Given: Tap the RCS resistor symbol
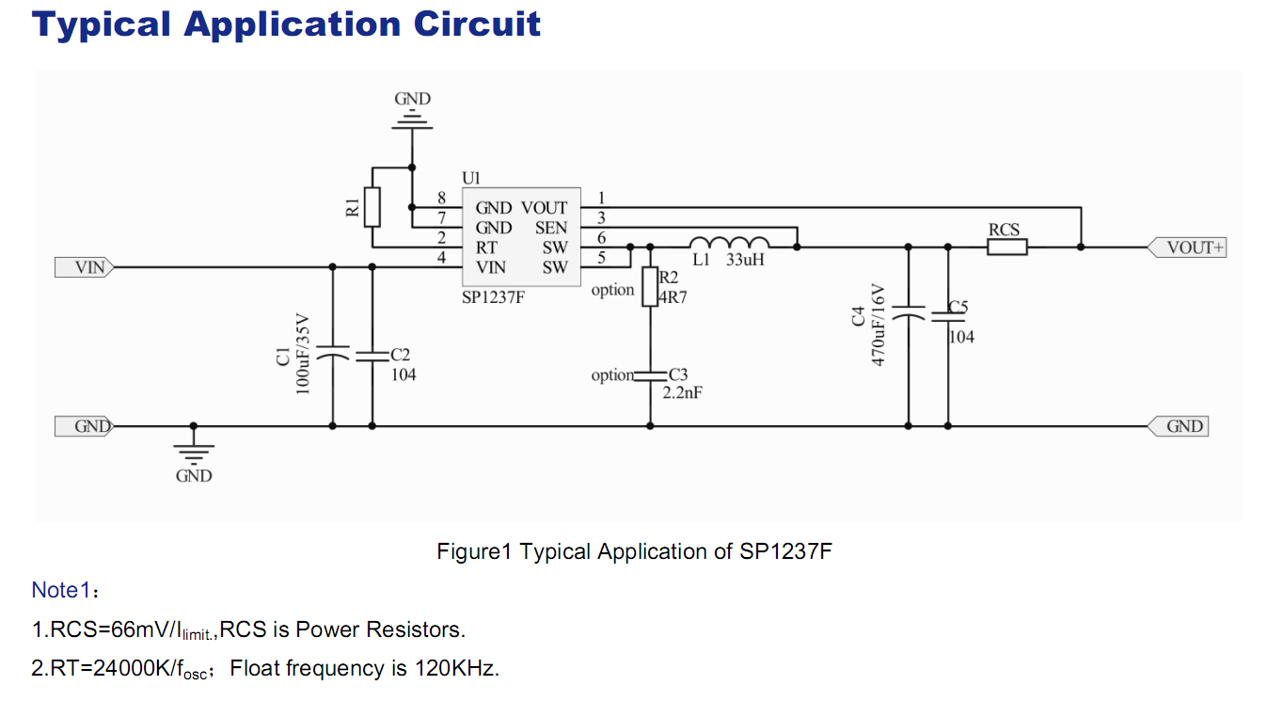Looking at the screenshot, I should (x=1006, y=247).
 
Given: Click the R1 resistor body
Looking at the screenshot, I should (x=372, y=207).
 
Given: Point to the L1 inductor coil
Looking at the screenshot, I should (x=730, y=243).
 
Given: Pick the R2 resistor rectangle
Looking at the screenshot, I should (x=649, y=287).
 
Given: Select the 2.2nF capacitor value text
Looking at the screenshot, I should (x=682, y=393).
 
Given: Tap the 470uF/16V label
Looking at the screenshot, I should (x=879, y=325).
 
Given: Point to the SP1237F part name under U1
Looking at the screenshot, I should (x=493, y=298).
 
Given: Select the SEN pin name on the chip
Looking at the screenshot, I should (x=551, y=228).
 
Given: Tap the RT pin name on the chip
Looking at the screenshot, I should (x=486, y=247).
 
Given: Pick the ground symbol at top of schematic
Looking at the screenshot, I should (x=412, y=119).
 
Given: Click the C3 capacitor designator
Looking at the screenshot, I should (x=678, y=374).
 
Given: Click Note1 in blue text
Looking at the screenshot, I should (x=61, y=590).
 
